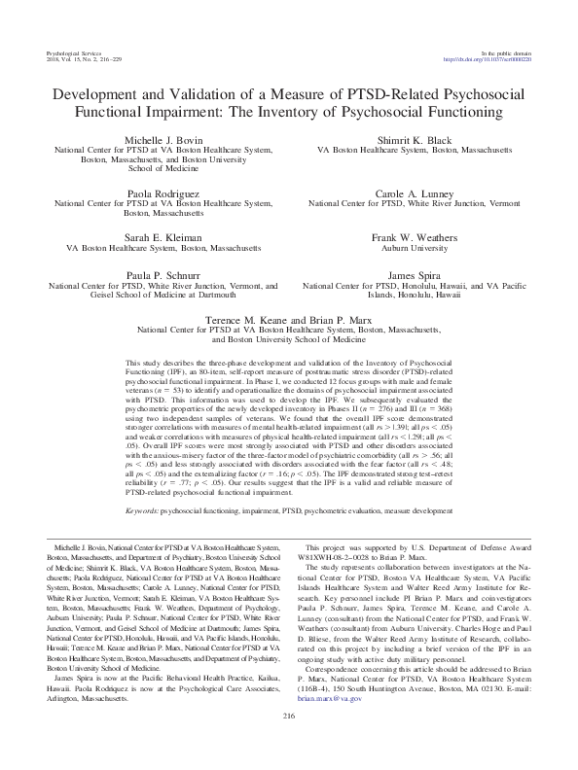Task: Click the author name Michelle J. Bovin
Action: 163,141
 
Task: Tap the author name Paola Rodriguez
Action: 163,194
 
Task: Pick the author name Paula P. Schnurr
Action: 163,277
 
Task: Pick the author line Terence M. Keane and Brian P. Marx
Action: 288,319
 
